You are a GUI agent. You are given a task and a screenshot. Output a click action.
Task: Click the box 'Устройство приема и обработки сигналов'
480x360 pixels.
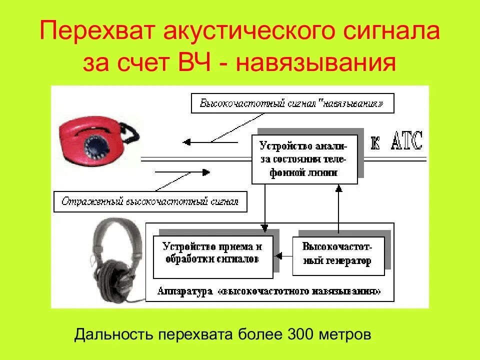[212, 252]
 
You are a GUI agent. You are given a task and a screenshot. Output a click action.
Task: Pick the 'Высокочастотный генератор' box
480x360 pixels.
[338, 253]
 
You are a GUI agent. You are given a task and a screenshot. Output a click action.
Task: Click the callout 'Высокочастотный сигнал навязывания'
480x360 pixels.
[292, 104]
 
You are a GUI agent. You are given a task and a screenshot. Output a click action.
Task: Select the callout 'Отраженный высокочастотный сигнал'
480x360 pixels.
[150, 202]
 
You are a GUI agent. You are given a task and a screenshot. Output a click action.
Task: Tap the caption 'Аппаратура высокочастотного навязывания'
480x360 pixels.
[269, 291]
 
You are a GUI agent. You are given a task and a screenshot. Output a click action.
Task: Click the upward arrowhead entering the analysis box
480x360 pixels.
[338, 188]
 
